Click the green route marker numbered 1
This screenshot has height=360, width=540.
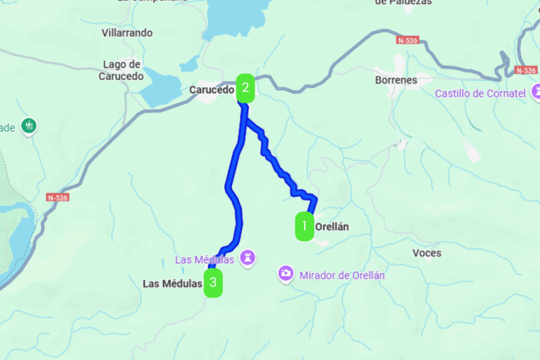point(304,226)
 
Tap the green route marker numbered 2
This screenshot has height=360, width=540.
point(245,89)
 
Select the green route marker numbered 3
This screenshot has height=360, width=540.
point(214,284)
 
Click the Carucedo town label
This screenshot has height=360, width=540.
point(210,90)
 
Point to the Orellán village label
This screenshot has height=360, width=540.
point(332,227)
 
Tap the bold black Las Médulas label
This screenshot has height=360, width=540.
point(172,284)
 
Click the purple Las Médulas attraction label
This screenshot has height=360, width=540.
point(205,259)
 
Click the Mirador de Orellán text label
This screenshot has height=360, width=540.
point(342,276)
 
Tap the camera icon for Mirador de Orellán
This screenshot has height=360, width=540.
point(285,273)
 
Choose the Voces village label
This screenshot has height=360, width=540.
point(427,252)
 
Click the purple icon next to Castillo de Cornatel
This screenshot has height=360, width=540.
point(536,91)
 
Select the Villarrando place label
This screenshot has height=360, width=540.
point(127,33)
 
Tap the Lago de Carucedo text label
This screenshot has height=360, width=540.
point(121,70)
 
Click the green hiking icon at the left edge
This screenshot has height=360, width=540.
point(29,127)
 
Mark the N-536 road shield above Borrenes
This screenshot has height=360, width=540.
point(407,41)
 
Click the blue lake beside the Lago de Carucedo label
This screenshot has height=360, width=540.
point(160,88)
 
